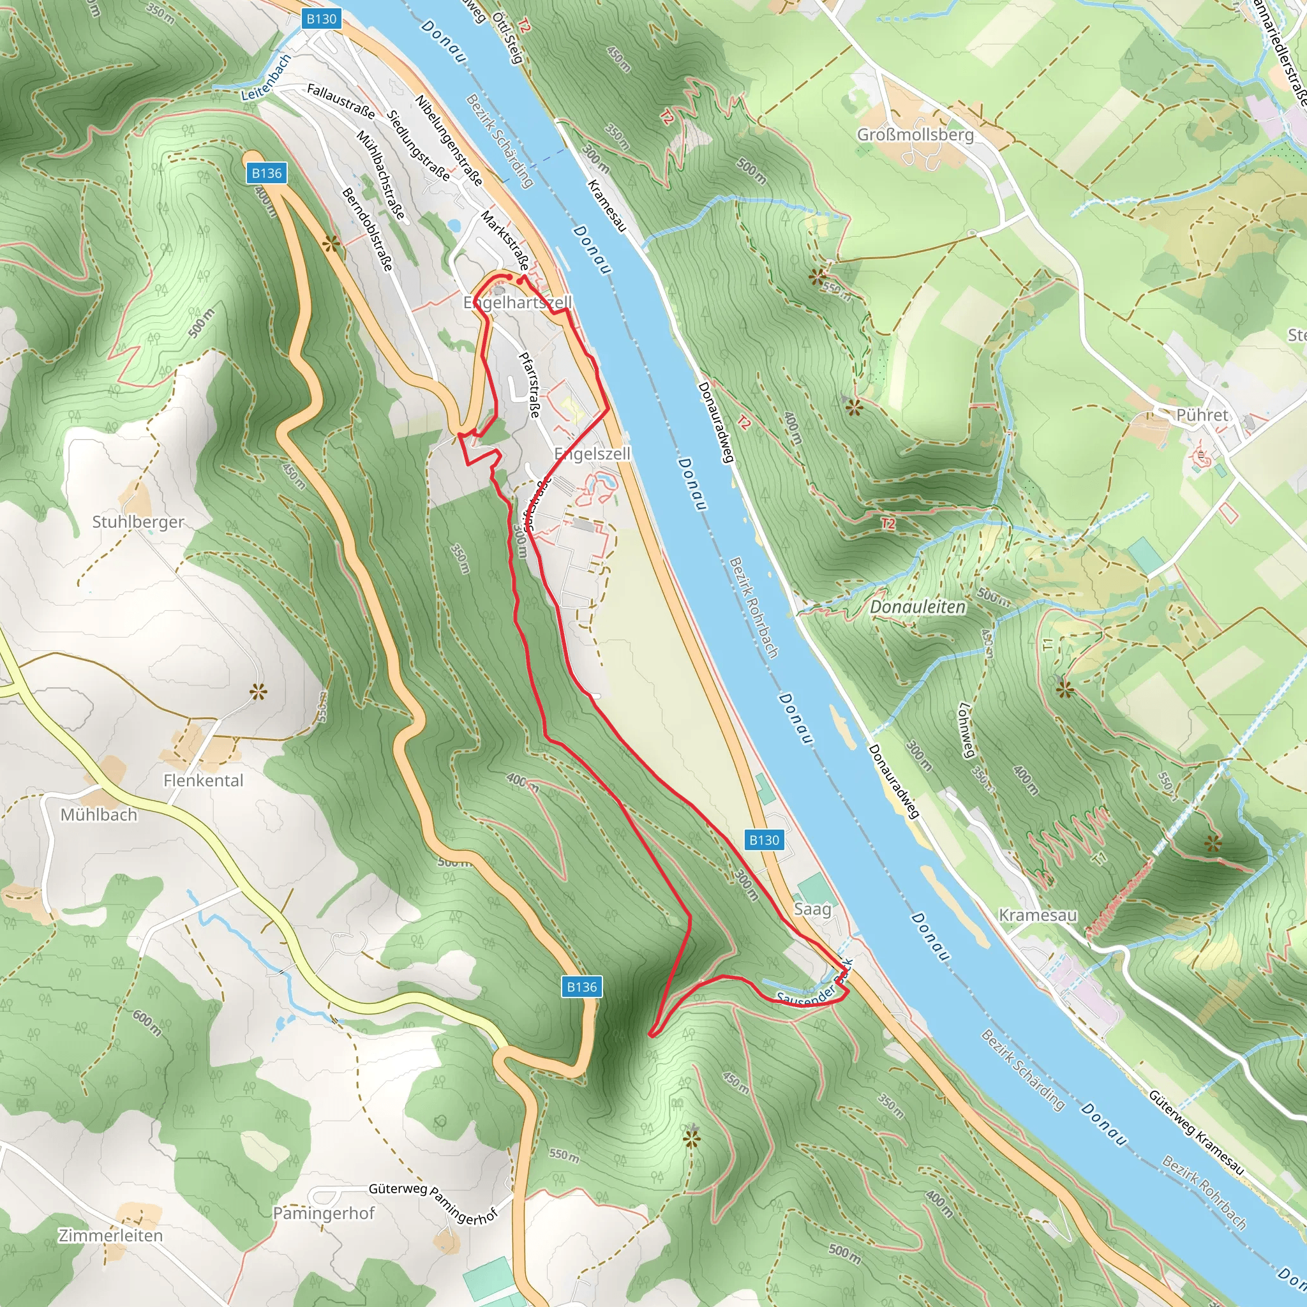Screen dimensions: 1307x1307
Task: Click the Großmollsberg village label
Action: pyautogui.click(x=915, y=135)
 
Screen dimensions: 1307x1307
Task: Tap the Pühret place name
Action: pyautogui.click(x=1202, y=415)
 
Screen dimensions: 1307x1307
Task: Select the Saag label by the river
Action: pyautogui.click(x=812, y=909)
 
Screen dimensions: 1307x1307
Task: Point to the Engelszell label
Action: pyautogui.click(x=592, y=453)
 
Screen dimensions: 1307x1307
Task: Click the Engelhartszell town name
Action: pyautogui.click(x=518, y=302)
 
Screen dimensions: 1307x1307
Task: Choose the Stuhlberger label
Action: pyautogui.click(x=138, y=521)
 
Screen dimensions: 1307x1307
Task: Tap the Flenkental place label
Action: pyautogui.click(x=203, y=780)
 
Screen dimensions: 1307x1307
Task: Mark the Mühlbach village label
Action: pyautogui.click(x=99, y=814)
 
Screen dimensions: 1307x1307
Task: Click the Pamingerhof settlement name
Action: pyautogui.click(x=324, y=1213)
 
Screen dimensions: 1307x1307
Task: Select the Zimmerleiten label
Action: pyautogui.click(x=110, y=1236)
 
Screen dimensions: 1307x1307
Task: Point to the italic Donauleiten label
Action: pyautogui.click(x=917, y=607)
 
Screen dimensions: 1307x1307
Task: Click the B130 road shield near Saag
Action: pyautogui.click(x=765, y=840)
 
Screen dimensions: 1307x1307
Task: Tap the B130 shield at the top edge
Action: pyautogui.click(x=322, y=19)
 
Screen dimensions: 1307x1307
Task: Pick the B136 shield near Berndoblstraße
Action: pyautogui.click(x=267, y=173)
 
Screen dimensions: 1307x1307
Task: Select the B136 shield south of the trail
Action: pyautogui.click(x=582, y=987)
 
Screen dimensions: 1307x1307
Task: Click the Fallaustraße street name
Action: pyautogui.click(x=340, y=101)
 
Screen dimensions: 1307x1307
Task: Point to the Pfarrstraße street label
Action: pyautogui.click(x=529, y=384)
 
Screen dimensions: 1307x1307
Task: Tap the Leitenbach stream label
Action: pyautogui.click(x=266, y=78)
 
